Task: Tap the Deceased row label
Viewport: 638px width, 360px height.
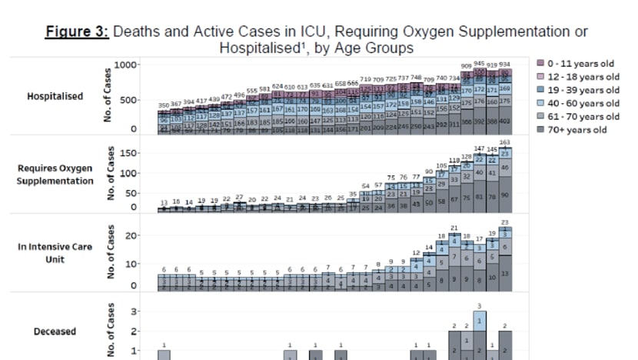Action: point(55,332)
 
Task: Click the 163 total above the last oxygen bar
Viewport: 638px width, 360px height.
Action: point(504,143)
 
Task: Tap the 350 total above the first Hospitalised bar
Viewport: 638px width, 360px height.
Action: point(164,105)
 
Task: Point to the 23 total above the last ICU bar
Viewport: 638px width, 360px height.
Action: point(504,222)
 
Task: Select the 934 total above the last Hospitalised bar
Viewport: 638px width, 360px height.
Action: point(504,65)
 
